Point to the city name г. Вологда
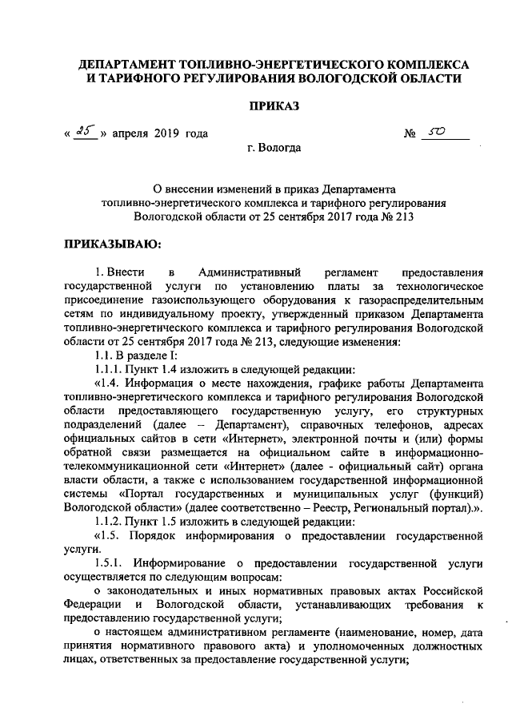click(275, 149)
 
